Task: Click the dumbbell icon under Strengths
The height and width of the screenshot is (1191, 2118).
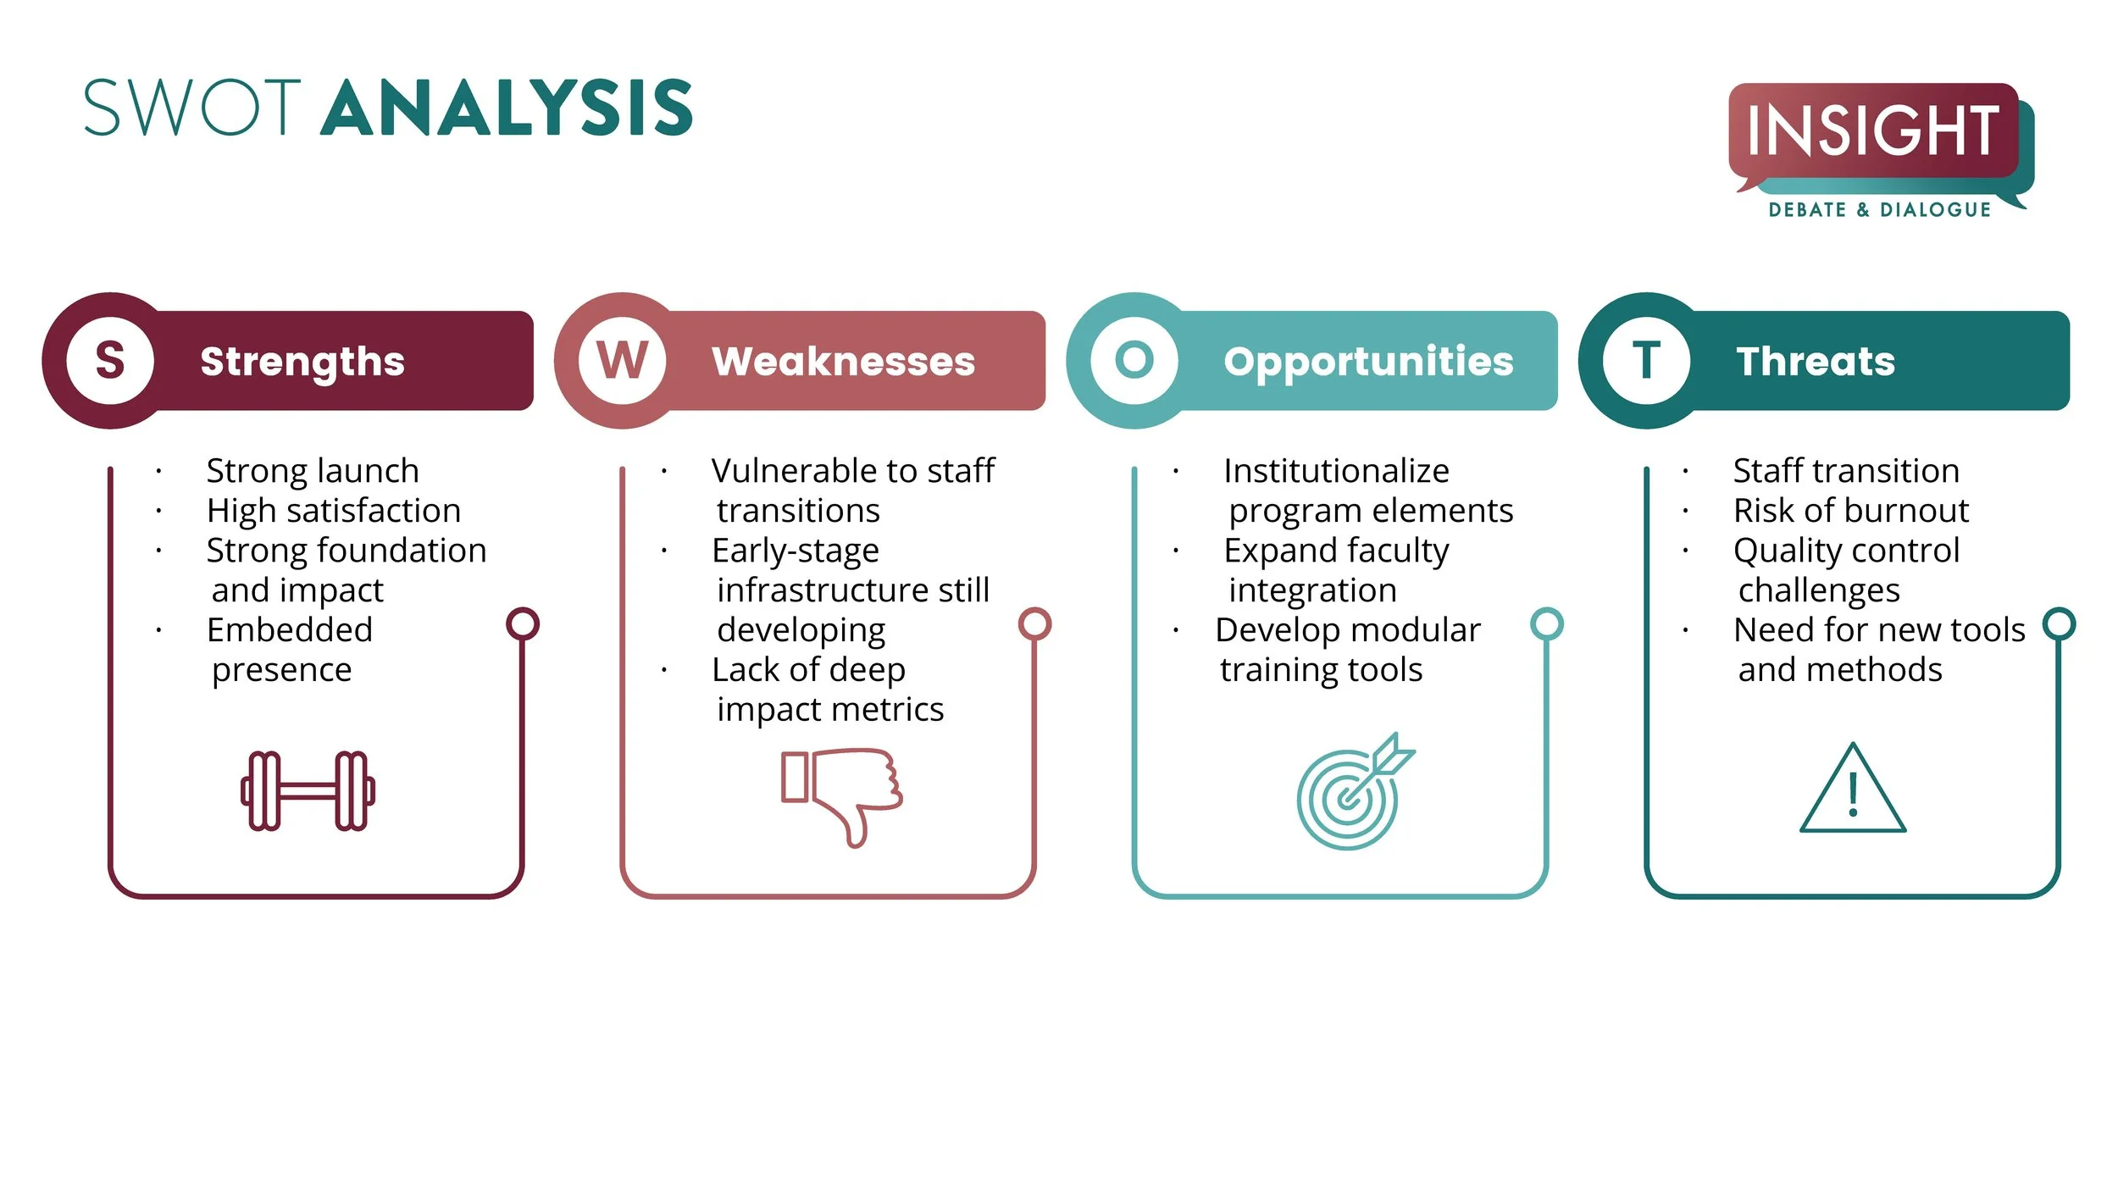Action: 308,790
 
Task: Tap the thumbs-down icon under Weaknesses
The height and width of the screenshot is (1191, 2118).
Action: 841,794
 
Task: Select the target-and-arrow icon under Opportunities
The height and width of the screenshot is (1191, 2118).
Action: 1353,791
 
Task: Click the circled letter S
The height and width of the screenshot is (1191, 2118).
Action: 110,361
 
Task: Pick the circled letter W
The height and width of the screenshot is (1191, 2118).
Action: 623,361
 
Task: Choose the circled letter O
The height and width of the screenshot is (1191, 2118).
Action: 1134,361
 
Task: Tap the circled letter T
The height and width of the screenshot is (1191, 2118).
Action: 1646,361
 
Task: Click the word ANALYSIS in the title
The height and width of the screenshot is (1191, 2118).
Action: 507,108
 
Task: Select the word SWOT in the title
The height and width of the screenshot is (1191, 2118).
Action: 192,108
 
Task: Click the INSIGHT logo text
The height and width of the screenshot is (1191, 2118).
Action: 1873,131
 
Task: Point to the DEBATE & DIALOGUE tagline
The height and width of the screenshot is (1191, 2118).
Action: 1879,210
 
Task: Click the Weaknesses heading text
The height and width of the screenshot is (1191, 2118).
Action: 843,362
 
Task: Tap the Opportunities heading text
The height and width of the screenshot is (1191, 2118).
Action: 1368,362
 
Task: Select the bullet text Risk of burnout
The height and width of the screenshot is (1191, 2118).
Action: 1850,511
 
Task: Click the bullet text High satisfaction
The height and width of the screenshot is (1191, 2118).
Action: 334,511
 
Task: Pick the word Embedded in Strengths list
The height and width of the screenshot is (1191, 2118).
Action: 290,630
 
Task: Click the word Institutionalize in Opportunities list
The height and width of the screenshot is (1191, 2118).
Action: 1336,471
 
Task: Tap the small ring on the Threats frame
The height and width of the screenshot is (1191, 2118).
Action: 2059,624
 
